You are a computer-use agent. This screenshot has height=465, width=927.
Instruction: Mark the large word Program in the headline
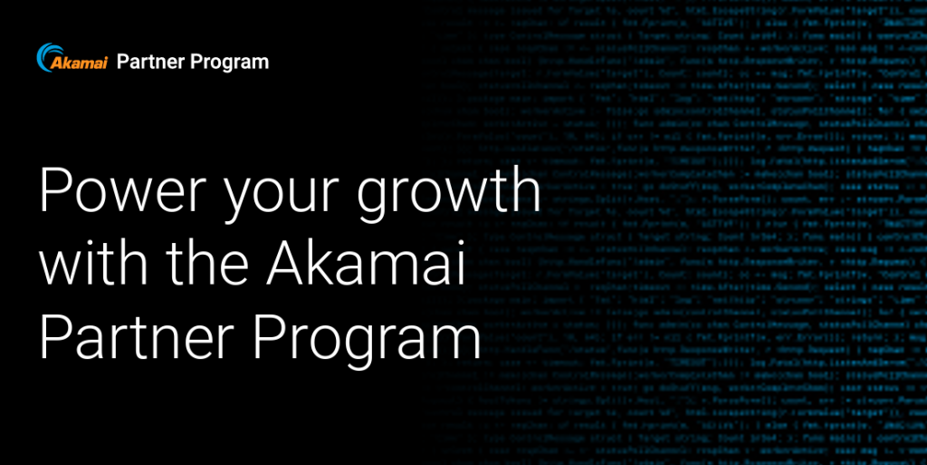tap(365, 340)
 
